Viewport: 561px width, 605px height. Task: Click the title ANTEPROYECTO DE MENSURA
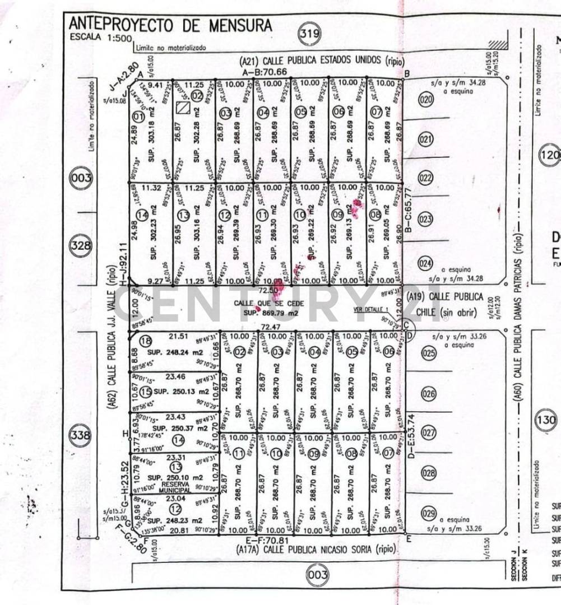170,25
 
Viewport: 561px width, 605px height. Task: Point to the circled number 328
79,245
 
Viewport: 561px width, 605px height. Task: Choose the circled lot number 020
426,100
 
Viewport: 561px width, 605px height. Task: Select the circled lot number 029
429,514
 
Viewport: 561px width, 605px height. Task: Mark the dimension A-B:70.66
265,72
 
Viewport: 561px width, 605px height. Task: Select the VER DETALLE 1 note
370,309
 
